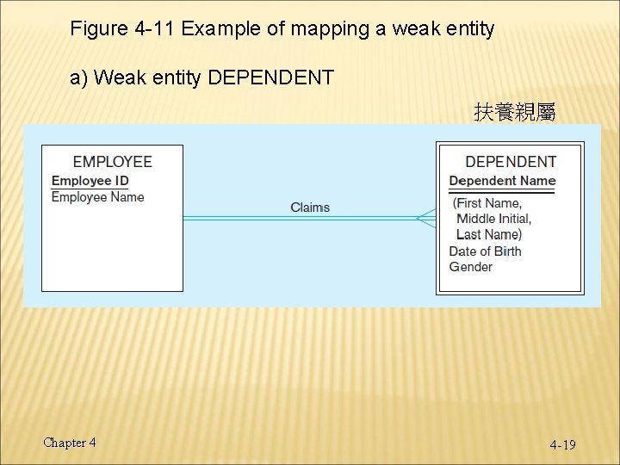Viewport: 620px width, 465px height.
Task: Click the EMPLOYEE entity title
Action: [112, 161]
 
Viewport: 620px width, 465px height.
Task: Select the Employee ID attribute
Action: [90, 180]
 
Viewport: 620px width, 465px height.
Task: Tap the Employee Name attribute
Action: [97, 196]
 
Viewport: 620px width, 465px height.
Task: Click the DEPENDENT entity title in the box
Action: [511, 161]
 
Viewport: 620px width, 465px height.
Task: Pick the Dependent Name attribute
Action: [502, 180]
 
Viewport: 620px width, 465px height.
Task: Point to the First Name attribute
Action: [487, 203]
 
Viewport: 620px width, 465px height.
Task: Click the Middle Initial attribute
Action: [494, 219]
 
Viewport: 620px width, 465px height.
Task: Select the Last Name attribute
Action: [489, 234]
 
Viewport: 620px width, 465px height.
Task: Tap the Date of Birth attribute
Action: [485, 251]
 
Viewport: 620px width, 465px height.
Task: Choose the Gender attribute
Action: [471, 267]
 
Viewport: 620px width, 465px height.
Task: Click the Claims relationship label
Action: [310, 207]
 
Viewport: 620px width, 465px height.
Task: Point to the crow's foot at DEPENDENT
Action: [426, 218]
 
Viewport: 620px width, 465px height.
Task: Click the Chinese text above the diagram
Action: [514, 112]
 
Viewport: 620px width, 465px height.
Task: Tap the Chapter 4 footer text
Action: [70, 443]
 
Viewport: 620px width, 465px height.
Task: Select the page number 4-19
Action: [563, 444]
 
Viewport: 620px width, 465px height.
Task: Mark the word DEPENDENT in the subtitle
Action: [271, 78]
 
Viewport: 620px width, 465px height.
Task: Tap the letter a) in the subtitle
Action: [79, 78]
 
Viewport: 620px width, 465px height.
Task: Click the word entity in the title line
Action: [466, 28]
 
